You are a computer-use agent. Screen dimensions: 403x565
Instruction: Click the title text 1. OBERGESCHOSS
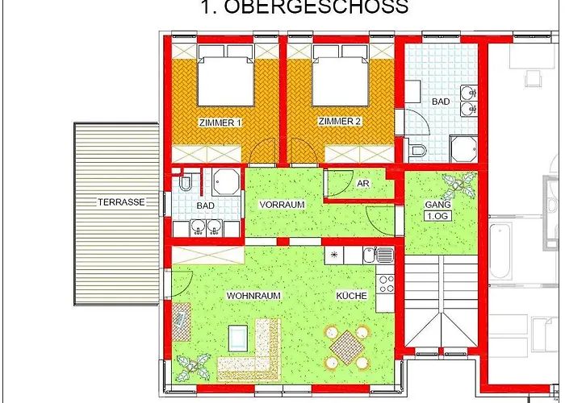(303, 8)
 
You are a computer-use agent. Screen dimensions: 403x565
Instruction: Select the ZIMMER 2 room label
(340, 123)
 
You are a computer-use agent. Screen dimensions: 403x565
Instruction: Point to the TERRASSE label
(121, 202)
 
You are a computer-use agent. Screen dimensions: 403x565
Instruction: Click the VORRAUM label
(282, 205)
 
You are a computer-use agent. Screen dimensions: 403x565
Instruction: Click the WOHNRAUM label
(253, 296)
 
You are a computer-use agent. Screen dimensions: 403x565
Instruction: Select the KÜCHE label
(352, 296)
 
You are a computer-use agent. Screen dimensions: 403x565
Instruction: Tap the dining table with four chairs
(345, 347)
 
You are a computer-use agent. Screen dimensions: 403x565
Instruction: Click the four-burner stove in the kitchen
(386, 284)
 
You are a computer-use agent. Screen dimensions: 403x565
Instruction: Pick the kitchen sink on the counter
(380, 256)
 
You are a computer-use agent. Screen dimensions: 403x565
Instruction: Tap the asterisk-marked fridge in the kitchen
(334, 256)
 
